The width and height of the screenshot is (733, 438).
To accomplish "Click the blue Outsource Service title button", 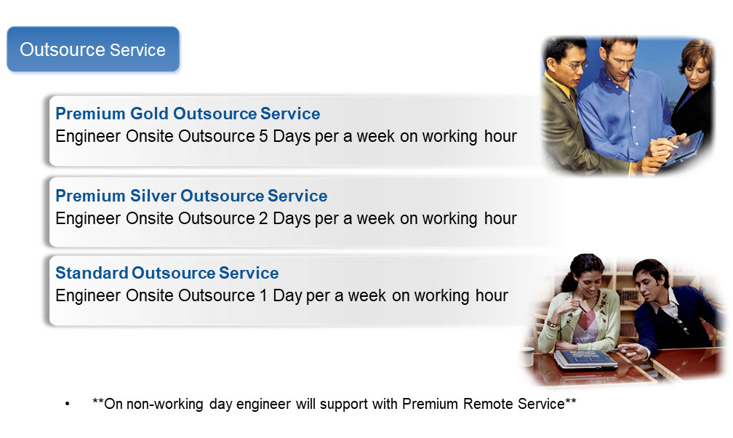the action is click(x=93, y=49).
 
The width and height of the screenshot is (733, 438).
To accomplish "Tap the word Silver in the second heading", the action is click(x=153, y=196).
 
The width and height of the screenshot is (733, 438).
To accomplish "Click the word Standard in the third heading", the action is click(x=91, y=273).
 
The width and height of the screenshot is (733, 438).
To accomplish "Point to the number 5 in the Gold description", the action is click(x=263, y=136).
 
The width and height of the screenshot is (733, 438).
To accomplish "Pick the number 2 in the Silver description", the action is click(x=263, y=218).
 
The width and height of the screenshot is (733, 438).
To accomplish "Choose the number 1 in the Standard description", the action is click(x=263, y=295).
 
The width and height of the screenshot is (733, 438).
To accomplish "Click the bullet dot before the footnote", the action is click(x=68, y=404).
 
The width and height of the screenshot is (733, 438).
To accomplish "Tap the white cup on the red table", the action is click(x=528, y=357).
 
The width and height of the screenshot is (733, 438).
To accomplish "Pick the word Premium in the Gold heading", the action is click(x=90, y=114).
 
